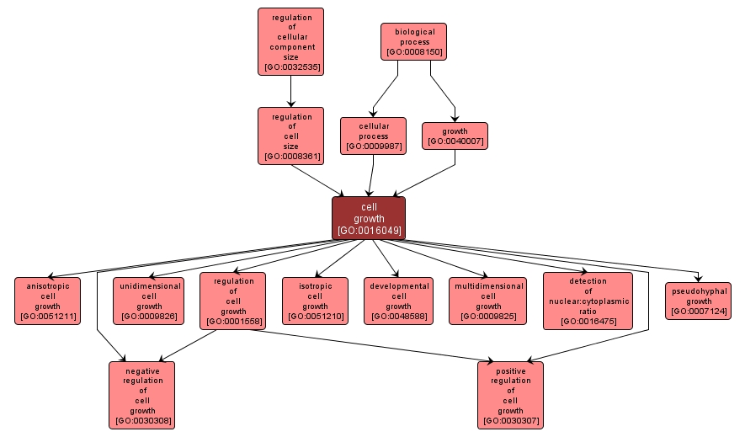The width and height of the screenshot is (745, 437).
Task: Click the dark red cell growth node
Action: click(x=369, y=218)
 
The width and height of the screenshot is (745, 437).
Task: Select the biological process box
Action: click(x=413, y=41)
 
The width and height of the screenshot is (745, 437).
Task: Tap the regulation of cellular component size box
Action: click(x=290, y=41)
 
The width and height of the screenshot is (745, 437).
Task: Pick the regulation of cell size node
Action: click(x=290, y=136)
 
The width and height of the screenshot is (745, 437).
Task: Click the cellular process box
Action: click(x=373, y=136)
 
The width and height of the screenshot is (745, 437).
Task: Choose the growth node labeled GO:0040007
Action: click(x=455, y=136)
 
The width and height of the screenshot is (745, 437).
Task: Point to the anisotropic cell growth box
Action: click(x=48, y=301)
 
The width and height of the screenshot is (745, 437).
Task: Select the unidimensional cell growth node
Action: click(x=149, y=301)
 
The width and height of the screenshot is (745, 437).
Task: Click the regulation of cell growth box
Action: click(x=232, y=301)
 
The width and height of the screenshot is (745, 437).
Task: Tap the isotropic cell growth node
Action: click(x=315, y=301)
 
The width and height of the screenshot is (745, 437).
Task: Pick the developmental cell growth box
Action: click(x=398, y=301)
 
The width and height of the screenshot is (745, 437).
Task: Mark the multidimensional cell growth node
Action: click(x=487, y=301)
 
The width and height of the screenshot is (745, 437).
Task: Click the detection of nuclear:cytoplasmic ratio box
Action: click(x=588, y=301)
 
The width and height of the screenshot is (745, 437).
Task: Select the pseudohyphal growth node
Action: click(x=698, y=301)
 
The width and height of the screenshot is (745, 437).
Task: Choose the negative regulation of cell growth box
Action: click(x=142, y=394)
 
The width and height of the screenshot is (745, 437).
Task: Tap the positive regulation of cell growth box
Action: click(x=510, y=394)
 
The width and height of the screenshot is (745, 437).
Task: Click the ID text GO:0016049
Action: click(x=369, y=230)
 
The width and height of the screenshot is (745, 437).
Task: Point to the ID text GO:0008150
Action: click(x=413, y=51)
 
